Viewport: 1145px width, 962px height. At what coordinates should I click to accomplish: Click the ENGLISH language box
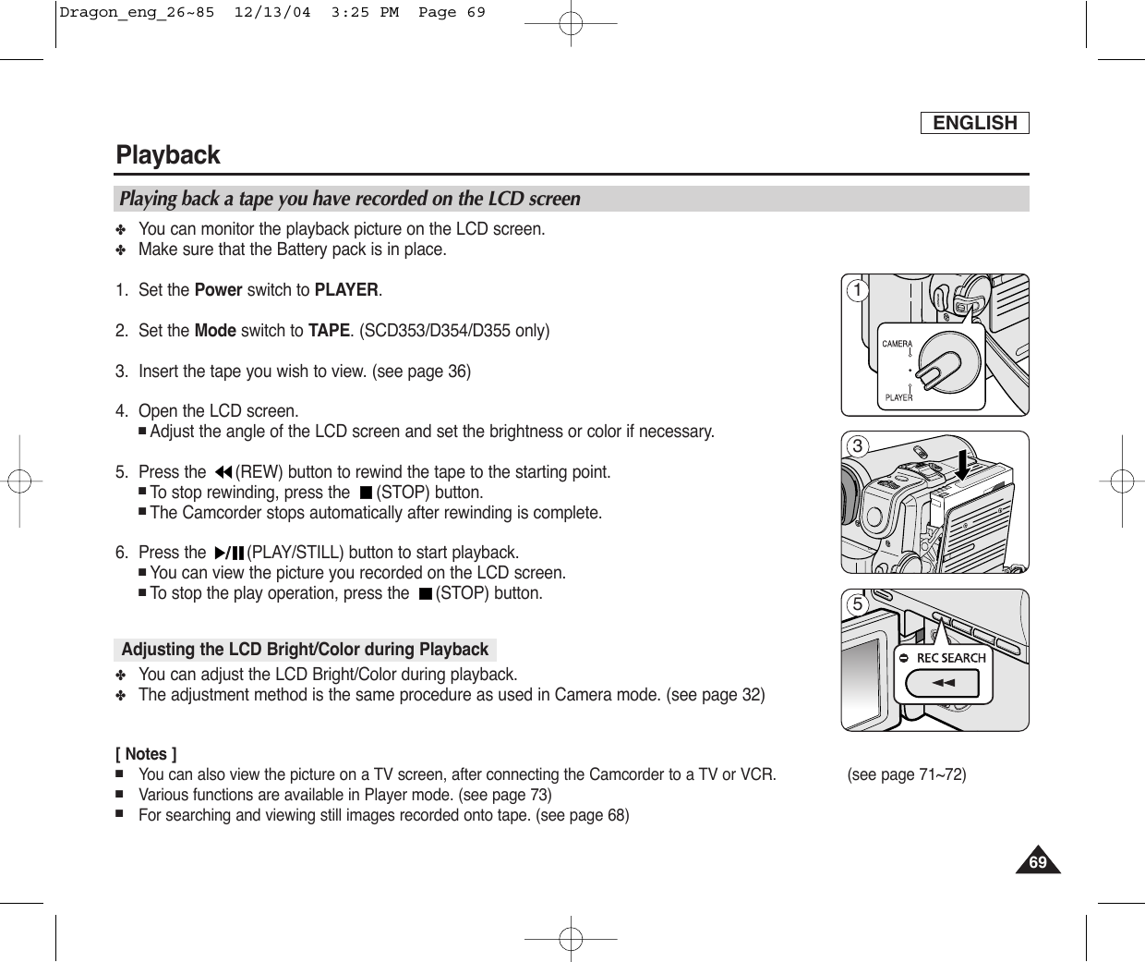tap(974, 123)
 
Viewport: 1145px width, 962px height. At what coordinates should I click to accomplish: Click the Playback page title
tap(168, 155)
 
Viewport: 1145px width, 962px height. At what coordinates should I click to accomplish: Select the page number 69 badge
tap(1039, 862)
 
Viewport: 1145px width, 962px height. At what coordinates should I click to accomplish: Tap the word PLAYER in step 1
tap(346, 290)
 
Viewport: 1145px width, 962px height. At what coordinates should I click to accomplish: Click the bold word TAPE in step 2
tap(328, 331)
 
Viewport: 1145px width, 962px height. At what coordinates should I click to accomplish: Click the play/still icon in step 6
tap(228, 554)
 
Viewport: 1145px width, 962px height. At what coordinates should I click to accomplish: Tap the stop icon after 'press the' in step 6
tap(424, 593)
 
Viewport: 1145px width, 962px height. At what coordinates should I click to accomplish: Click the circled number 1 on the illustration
tap(858, 291)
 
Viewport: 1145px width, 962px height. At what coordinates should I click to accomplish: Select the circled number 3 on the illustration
tap(858, 447)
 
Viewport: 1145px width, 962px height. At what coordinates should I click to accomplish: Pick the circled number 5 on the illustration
tap(858, 605)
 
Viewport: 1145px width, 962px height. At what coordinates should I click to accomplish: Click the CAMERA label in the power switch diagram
tap(897, 344)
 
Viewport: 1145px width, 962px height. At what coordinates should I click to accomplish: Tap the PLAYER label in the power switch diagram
tap(898, 397)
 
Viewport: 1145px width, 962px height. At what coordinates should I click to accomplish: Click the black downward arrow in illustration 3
tap(963, 463)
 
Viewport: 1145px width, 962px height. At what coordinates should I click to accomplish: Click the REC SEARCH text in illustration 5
tap(950, 658)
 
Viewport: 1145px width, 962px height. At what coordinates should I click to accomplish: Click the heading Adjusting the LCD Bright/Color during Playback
tap(305, 650)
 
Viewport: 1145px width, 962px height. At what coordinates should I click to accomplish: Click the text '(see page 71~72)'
tap(906, 774)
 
